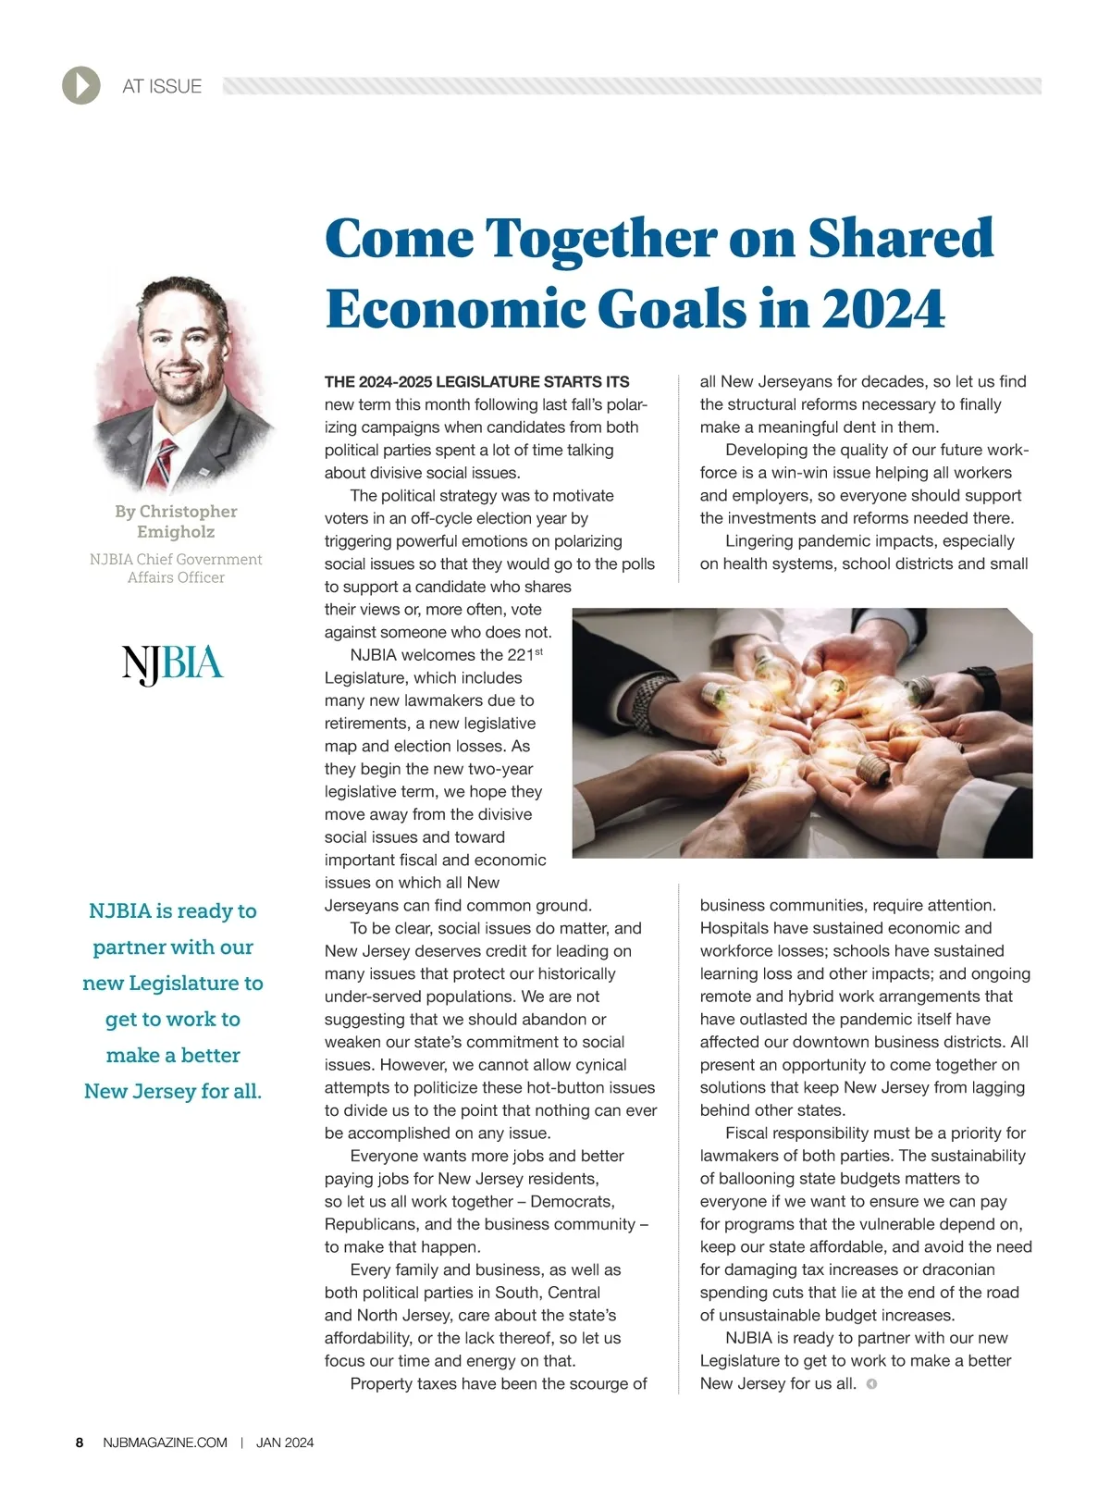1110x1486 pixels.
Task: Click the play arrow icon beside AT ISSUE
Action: (81, 86)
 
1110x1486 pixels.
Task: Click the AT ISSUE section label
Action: (162, 87)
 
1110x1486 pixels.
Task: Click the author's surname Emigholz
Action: (176, 532)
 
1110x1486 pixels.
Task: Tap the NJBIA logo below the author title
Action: (173, 664)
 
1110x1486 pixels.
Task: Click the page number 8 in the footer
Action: (80, 1443)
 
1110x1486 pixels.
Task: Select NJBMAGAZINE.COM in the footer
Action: (166, 1443)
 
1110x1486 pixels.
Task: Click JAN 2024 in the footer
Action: (285, 1443)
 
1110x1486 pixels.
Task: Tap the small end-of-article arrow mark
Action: (871, 1384)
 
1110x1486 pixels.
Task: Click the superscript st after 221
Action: (539, 651)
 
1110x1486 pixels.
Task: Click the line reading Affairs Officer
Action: (176, 577)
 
